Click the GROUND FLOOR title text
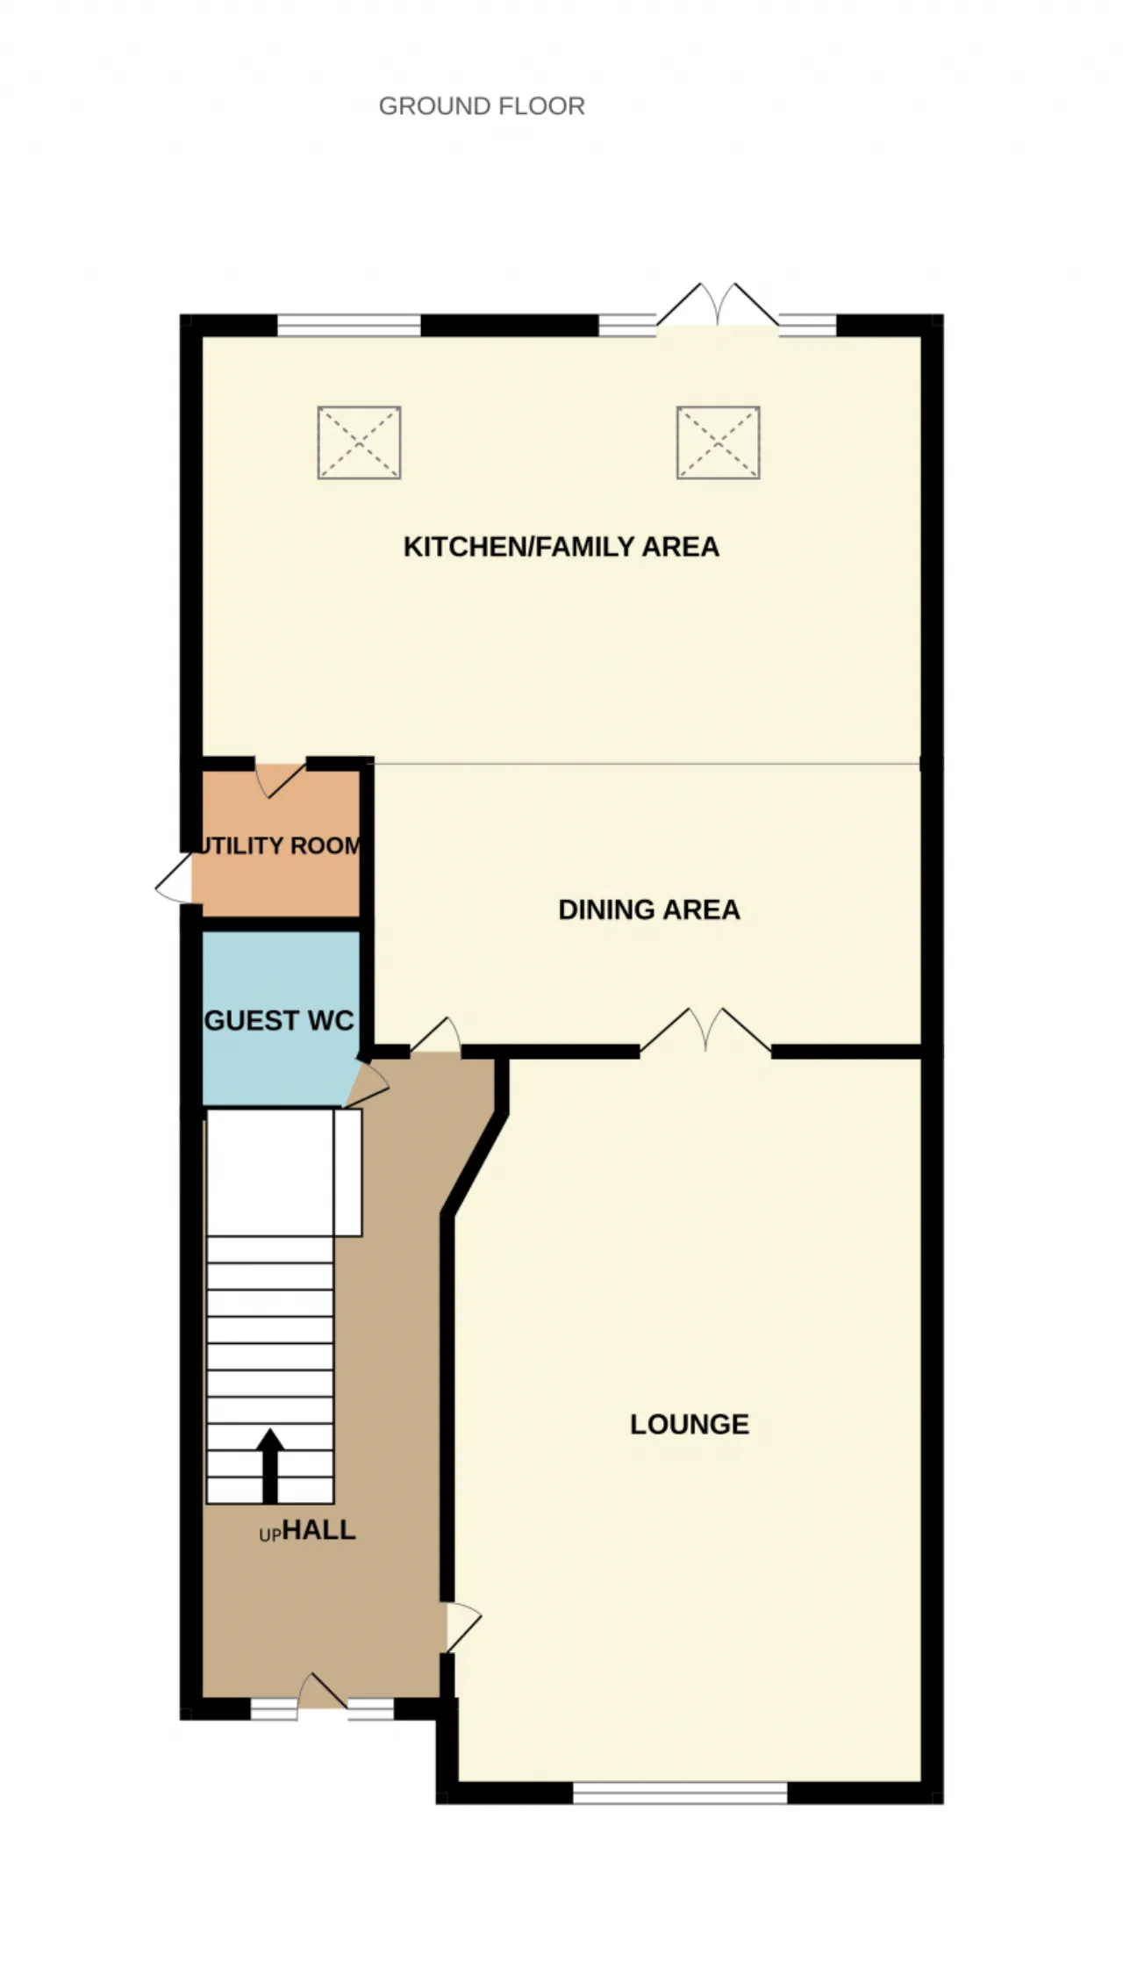[x=482, y=106]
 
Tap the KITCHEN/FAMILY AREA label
[x=561, y=547]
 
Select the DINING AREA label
[x=649, y=909]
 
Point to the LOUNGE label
[x=690, y=1424]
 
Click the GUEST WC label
[x=279, y=1020]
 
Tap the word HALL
[x=319, y=1530]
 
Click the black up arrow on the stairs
[x=270, y=1466]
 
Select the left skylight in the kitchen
[x=360, y=442]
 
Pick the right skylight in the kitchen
[x=719, y=442]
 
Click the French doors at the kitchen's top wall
[x=718, y=307]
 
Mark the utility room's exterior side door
[x=174, y=878]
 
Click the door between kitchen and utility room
[x=281, y=779]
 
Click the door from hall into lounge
[x=463, y=1628]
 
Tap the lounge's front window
[x=681, y=1793]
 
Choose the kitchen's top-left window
[x=349, y=325]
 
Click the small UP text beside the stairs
[x=270, y=1535]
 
